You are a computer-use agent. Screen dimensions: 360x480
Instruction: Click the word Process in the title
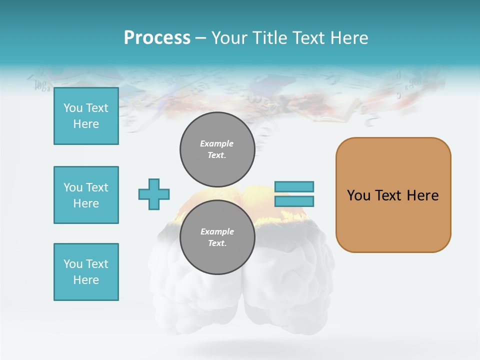(x=157, y=37)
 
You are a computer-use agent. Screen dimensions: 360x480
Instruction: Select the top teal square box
(x=86, y=116)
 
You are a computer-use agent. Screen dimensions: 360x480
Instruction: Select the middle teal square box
(x=86, y=195)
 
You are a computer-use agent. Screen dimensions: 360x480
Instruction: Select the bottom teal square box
(x=86, y=272)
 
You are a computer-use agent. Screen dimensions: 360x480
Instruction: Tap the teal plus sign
(x=154, y=194)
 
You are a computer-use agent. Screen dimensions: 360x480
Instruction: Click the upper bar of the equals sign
(x=294, y=186)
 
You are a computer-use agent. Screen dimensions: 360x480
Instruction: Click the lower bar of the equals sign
(x=294, y=201)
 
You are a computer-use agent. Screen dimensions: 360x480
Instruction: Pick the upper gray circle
(x=217, y=149)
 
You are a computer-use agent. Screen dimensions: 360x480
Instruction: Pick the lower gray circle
(x=217, y=237)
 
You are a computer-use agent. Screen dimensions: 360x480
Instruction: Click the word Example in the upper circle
(x=217, y=143)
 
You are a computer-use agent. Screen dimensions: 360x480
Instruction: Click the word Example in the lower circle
(x=217, y=231)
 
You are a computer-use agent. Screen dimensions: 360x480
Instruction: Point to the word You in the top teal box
(x=72, y=108)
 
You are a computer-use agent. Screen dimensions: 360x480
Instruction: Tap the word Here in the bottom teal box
(x=86, y=280)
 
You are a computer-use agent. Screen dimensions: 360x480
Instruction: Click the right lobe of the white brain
(x=290, y=290)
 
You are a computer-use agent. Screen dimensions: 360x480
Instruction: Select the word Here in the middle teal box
(x=86, y=203)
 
